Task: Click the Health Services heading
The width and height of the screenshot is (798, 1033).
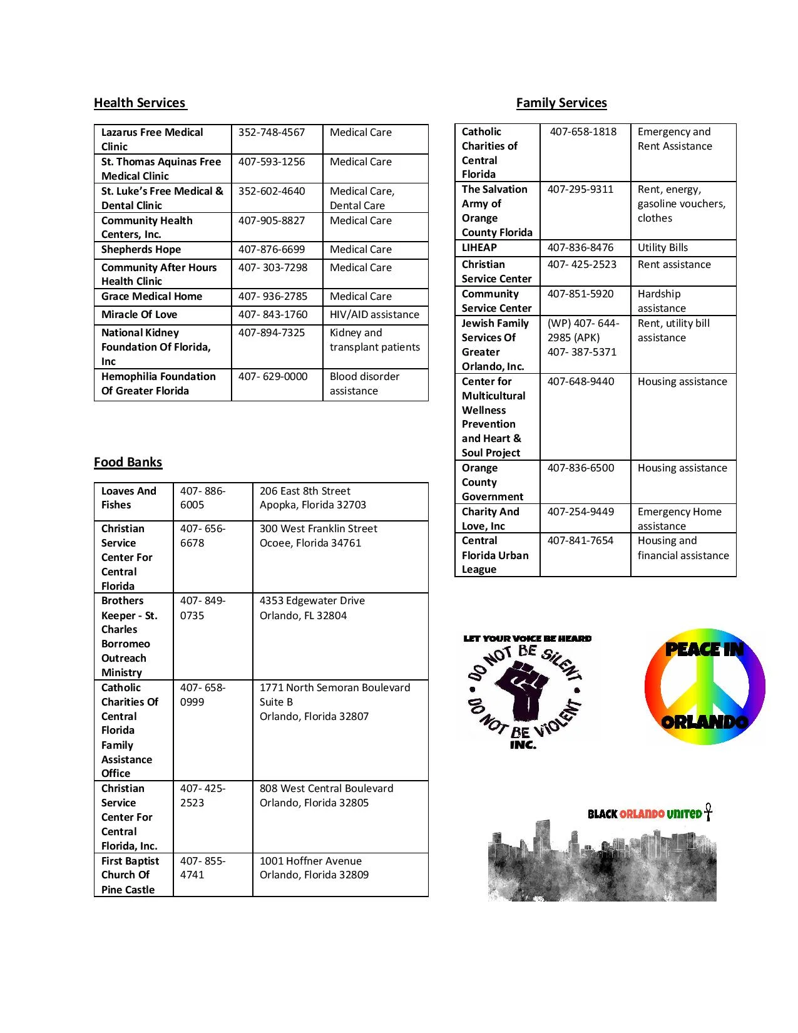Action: coord(140,103)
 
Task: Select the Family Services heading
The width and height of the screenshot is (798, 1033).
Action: coord(561,103)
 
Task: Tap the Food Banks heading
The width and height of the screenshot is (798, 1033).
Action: coord(128,463)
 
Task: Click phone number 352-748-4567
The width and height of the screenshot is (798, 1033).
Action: coord(272,133)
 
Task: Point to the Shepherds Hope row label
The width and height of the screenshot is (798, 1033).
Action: coord(141,250)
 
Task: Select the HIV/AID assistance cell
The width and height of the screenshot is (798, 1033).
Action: coord(374,315)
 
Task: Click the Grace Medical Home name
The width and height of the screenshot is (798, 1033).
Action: coord(151,297)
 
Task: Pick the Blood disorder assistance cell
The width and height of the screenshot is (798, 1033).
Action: coord(364,384)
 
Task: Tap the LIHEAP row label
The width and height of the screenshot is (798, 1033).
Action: coord(479,248)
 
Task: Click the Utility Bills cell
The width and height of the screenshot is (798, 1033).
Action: coord(663,248)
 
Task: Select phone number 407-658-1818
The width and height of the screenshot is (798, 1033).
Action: coord(583,132)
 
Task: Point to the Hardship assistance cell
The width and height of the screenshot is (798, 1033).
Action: coord(662,301)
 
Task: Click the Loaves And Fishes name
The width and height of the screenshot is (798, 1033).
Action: coord(129,498)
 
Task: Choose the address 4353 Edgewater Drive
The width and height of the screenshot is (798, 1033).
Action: coord(312,601)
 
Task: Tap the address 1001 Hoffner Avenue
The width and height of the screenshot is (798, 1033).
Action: coord(311,861)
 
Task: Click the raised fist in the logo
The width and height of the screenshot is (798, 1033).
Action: coord(525,691)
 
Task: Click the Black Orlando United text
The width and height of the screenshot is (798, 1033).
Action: coord(644,815)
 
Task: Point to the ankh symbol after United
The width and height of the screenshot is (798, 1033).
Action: coord(708,812)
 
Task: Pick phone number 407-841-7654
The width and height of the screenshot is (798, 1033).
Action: coord(580,541)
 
